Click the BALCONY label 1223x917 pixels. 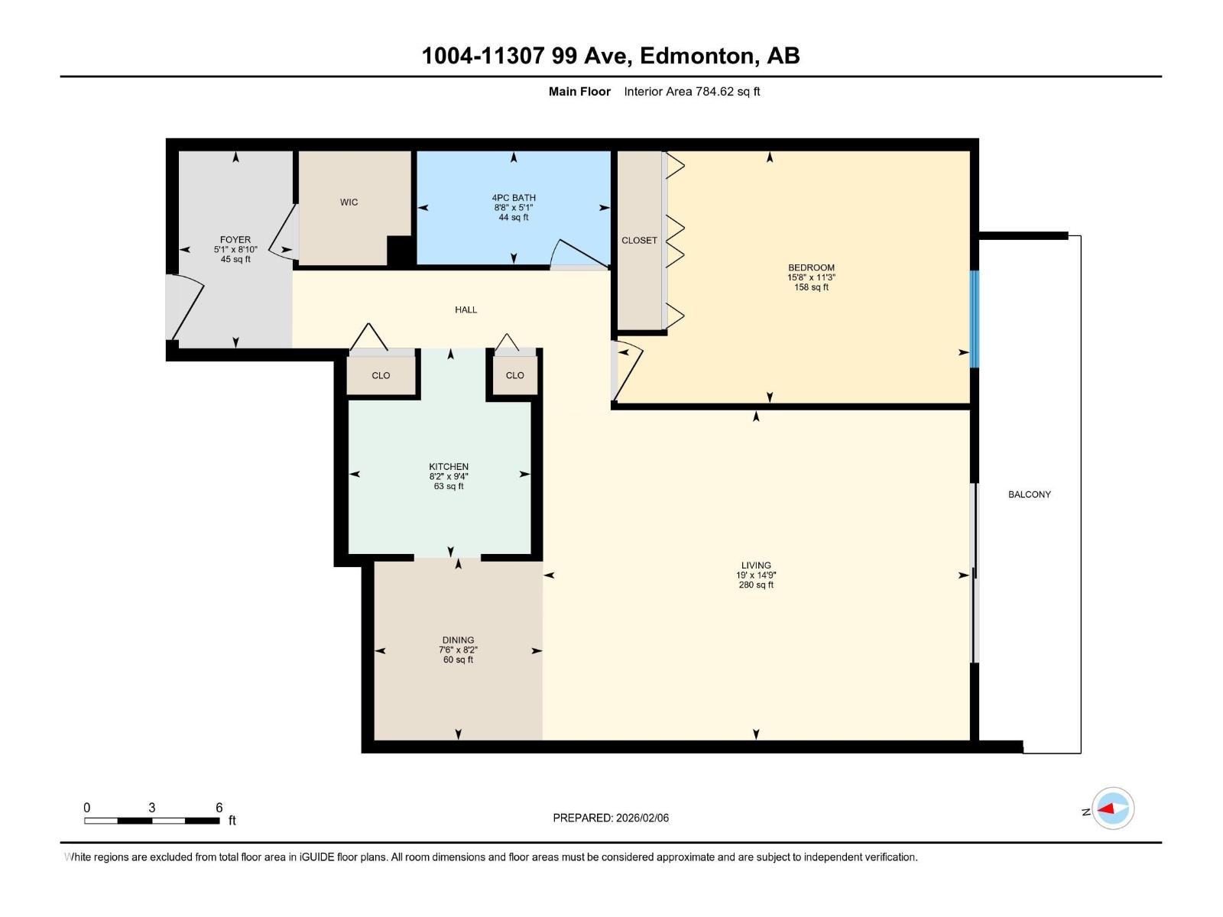(1029, 494)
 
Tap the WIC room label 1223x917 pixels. (349, 203)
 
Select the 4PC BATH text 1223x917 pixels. (514, 198)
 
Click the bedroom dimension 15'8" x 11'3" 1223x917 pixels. (811, 277)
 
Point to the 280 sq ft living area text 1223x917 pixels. (756, 585)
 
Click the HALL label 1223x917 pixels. (466, 309)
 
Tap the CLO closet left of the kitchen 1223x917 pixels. (381, 375)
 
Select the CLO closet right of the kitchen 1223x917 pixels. (514, 375)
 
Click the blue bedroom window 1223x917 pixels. (974, 319)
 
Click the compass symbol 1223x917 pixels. (1113, 808)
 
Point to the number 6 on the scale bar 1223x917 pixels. (219, 808)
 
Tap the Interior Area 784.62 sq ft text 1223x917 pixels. (692, 92)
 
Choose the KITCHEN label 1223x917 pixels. (449, 467)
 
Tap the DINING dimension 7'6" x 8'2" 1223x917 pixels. (458, 650)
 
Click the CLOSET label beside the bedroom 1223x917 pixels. (639, 240)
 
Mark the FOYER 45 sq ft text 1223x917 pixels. (235, 259)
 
